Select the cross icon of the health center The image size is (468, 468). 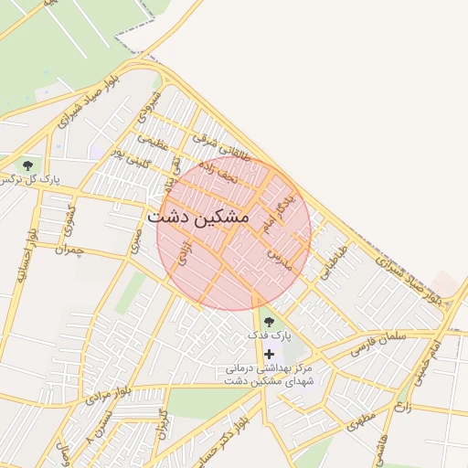pos(269,354)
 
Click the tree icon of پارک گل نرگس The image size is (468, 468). pos(28,165)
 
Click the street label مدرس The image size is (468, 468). pos(279,257)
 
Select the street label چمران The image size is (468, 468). pos(69,249)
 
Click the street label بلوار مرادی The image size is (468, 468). pos(111,395)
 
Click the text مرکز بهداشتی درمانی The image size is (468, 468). pos(269,368)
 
